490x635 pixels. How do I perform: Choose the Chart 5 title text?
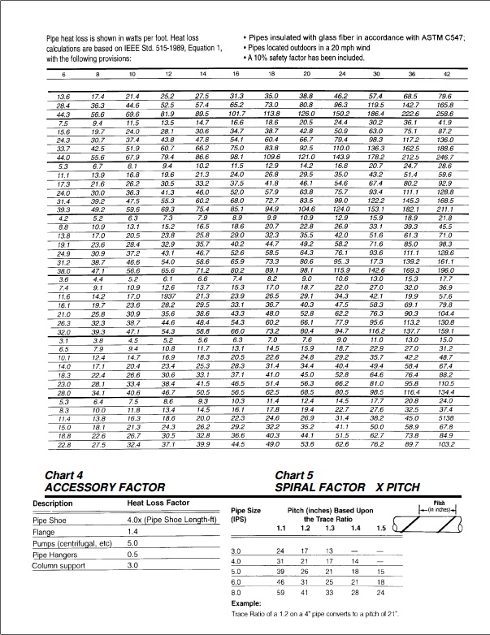(295, 475)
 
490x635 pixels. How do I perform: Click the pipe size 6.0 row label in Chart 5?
(237, 582)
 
